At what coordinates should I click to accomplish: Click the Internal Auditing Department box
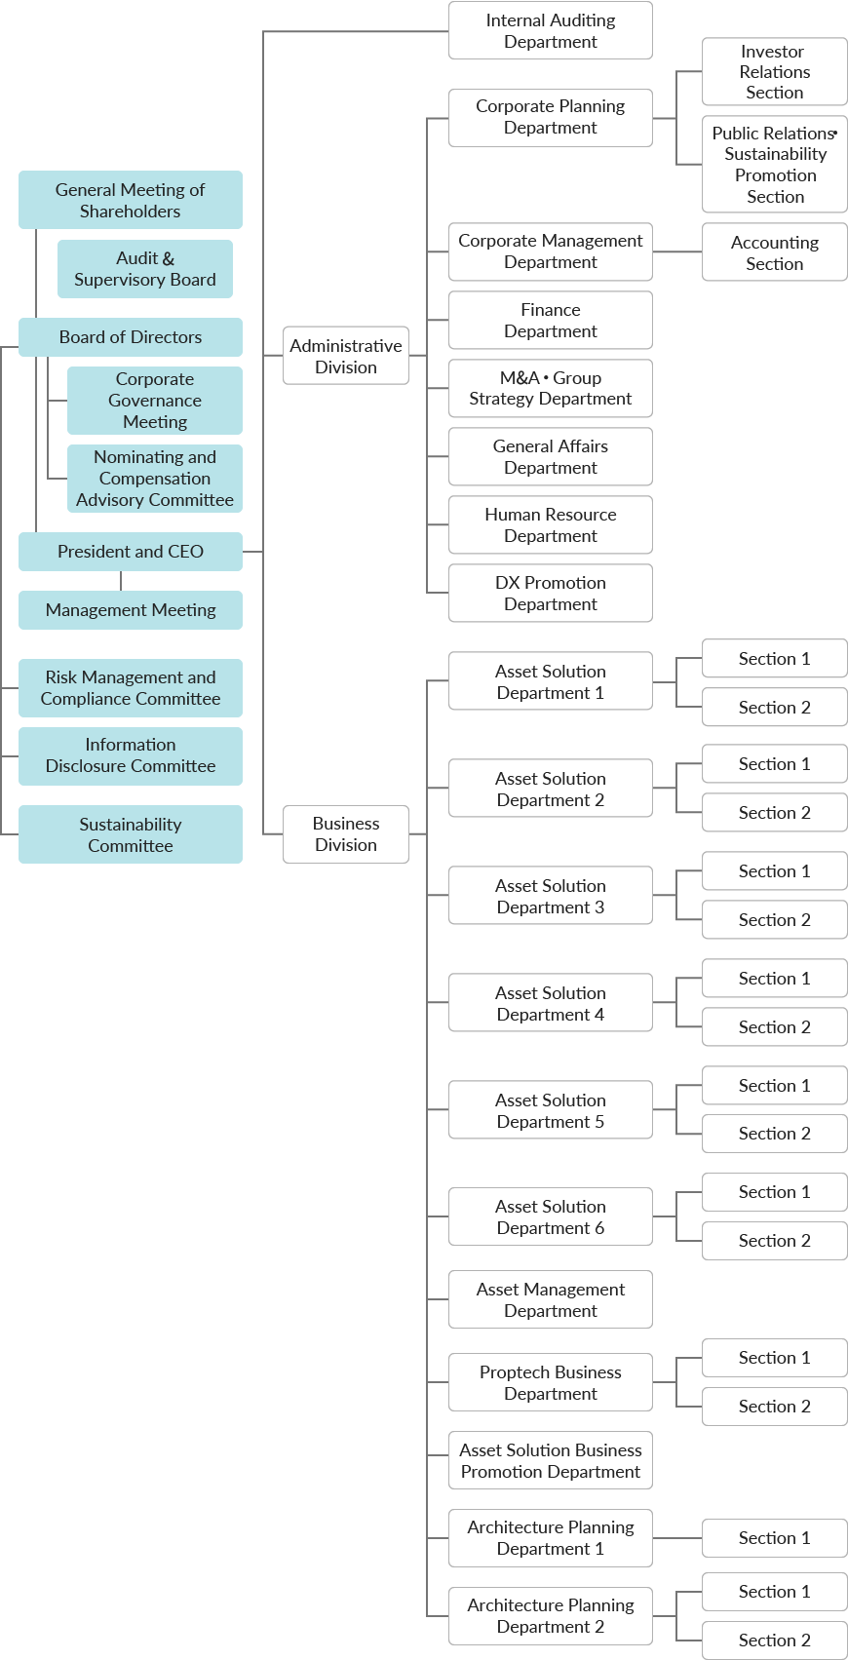pos(550,30)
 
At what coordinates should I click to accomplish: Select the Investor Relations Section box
pos(774,72)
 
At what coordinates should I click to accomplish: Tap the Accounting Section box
pos(774,252)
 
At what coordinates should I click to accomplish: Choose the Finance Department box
pos(550,321)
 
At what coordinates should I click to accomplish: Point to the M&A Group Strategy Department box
pos(550,388)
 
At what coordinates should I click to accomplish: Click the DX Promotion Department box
pos(550,593)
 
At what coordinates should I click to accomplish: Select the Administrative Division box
pos(345,356)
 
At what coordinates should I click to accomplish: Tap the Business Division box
pos(345,833)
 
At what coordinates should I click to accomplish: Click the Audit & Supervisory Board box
pos(144,269)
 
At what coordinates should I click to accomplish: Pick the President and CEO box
pos(130,552)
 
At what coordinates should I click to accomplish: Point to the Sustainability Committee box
pos(130,834)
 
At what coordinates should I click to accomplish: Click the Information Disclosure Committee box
pos(130,755)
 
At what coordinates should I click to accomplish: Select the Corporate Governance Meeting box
pos(154,401)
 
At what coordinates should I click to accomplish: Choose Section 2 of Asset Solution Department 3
pos(774,920)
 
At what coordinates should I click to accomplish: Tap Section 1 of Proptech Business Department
pos(774,1358)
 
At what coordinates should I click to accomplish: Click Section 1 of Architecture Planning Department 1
pos(774,1538)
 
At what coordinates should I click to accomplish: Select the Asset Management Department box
pos(550,1299)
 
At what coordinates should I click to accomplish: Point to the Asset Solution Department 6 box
pos(550,1216)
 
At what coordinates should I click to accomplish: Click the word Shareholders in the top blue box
pos(130,212)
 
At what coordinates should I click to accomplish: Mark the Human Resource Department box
pos(550,524)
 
